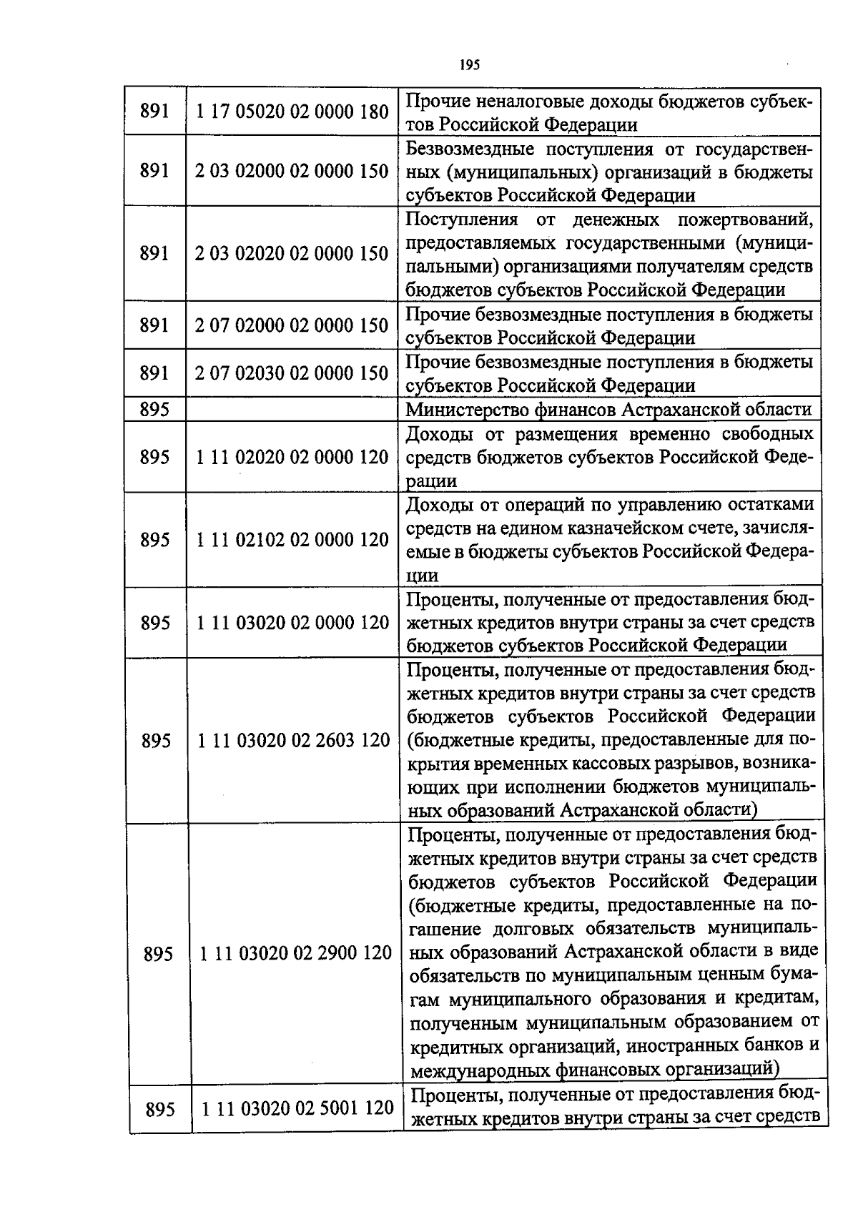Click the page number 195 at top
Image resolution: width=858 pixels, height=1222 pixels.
tap(469, 64)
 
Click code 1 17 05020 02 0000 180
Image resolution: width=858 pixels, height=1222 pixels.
tap(292, 112)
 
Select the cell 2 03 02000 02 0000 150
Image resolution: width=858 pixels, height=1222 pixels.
tap(292, 171)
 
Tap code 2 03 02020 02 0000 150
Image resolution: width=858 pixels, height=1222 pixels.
tap(292, 253)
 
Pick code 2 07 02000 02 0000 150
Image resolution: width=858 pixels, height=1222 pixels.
tap(292, 325)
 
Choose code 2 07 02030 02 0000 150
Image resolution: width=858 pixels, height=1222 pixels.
tap(292, 373)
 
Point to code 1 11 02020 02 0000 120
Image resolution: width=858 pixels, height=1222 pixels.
tap(292, 457)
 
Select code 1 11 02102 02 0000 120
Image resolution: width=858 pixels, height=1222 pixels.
tap(292, 540)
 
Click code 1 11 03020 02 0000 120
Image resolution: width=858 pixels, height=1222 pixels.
tap(292, 623)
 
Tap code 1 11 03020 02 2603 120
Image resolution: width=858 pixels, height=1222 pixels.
tap(293, 740)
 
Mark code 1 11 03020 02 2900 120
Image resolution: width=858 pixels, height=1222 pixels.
tap(296, 953)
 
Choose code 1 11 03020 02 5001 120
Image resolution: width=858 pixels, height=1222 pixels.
tap(297, 1108)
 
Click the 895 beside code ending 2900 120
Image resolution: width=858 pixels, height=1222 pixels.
tap(158, 954)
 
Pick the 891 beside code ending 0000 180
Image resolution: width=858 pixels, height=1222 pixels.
tap(154, 112)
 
